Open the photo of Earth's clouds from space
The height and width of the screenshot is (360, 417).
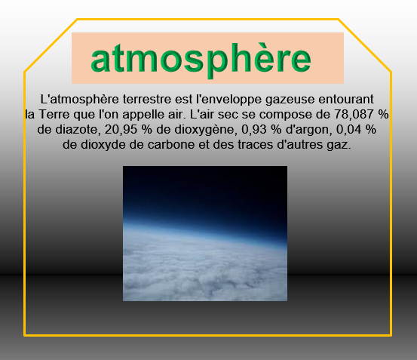pyautogui.click(x=205, y=234)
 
